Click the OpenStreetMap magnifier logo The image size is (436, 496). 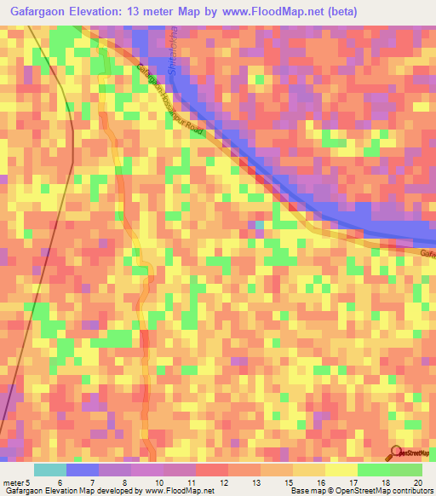coord(396,453)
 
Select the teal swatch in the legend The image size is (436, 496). coord(49,470)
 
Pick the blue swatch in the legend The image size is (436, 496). coord(83,470)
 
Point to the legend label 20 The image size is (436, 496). coord(417,482)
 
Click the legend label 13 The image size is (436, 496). coord(255,482)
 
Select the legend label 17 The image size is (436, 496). coord(352,482)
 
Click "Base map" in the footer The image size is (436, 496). coord(307,491)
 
